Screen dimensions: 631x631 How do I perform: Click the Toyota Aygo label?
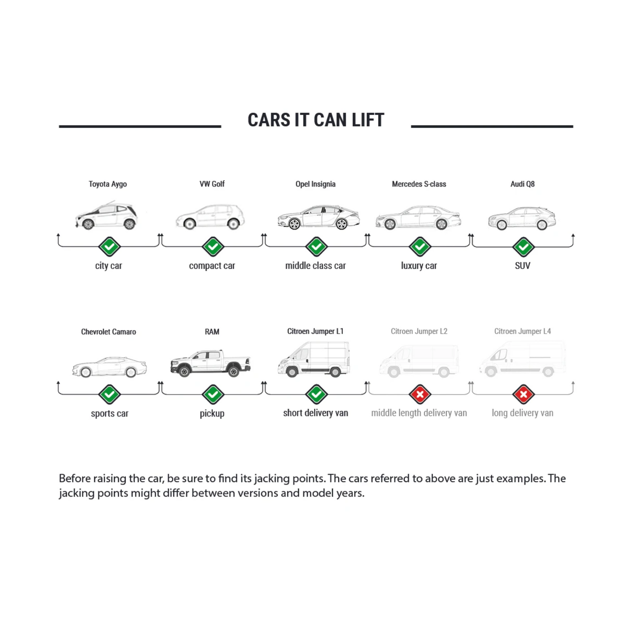[x=107, y=184]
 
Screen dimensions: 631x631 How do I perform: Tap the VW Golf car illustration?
[x=210, y=217]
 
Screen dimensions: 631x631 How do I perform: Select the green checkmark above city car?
[x=109, y=247]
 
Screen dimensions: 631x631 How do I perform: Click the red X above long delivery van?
[x=523, y=394]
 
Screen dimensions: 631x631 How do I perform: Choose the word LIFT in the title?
[x=368, y=120]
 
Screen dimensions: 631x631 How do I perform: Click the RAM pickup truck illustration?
[x=210, y=362]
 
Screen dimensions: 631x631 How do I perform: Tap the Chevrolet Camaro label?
[x=108, y=332]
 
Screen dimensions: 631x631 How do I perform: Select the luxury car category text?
[x=419, y=266]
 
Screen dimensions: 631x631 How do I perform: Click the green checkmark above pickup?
[x=213, y=394]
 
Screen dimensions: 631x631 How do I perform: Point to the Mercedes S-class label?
[x=419, y=184]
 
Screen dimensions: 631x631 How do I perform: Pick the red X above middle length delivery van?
[x=420, y=394]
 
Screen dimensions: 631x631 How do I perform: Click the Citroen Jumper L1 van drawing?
[x=314, y=359]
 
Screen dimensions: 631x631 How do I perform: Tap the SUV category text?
[x=522, y=266]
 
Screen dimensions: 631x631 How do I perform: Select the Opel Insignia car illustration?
[x=319, y=217]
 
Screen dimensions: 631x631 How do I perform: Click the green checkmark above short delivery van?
[x=316, y=394]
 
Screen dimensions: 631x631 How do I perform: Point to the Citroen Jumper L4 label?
[x=522, y=331]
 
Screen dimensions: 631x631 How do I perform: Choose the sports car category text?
[x=109, y=413]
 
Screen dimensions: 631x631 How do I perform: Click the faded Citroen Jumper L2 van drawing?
[x=419, y=361]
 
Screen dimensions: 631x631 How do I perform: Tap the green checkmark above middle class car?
[x=316, y=247]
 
